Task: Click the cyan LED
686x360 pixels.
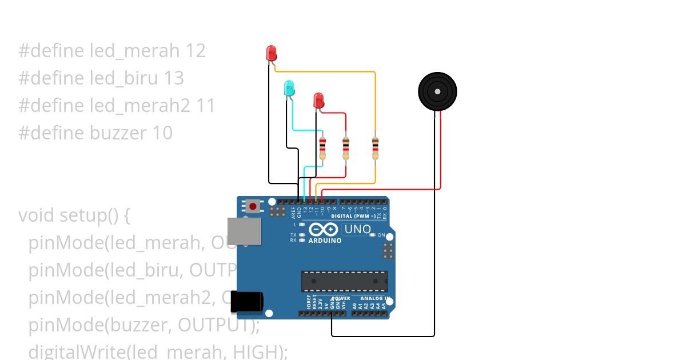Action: click(290, 89)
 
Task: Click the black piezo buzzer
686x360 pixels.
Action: click(437, 91)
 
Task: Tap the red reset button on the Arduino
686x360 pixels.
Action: click(253, 206)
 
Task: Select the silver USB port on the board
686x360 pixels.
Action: click(244, 231)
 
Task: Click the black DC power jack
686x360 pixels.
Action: click(247, 302)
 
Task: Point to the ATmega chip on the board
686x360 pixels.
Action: click(344, 281)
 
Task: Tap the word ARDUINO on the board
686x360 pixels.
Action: click(325, 241)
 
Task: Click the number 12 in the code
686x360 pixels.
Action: click(195, 51)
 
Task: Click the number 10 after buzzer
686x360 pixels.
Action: click(162, 133)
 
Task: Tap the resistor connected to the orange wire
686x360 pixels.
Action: click(375, 147)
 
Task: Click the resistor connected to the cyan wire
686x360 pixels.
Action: click(322, 147)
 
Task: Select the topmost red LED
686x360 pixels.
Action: click(272, 54)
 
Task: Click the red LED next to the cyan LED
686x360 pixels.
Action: click(319, 101)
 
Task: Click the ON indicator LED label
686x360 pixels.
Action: click(381, 235)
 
